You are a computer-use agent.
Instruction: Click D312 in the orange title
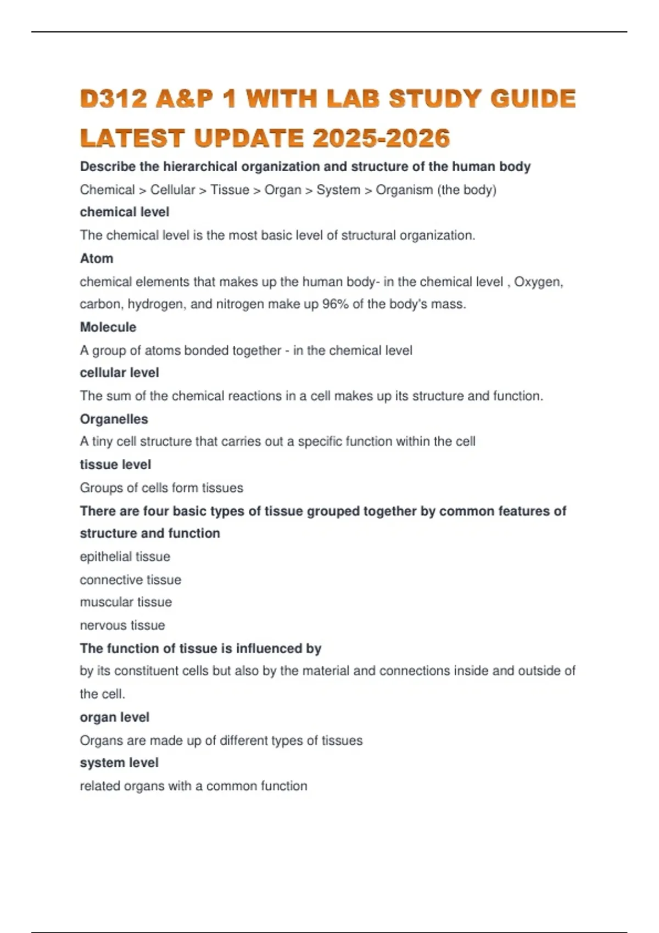pos(114,99)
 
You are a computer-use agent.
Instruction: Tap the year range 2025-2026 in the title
pos(381,138)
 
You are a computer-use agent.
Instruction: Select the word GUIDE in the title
pos(533,99)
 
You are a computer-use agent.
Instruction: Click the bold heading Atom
pos(97,258)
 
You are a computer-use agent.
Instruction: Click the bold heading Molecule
pos(108,327)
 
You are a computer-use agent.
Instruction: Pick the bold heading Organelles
pos(114,419)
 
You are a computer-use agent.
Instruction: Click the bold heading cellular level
pos(120,373)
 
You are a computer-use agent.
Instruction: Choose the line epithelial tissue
pos(125,557)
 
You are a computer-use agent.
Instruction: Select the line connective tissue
pos(131,580)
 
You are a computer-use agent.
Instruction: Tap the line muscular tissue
pos(126,602)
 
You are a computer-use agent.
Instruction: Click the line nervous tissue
pos(122,626)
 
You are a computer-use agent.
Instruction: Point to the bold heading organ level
pos(115,717)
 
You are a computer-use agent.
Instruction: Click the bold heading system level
pos(119,763)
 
